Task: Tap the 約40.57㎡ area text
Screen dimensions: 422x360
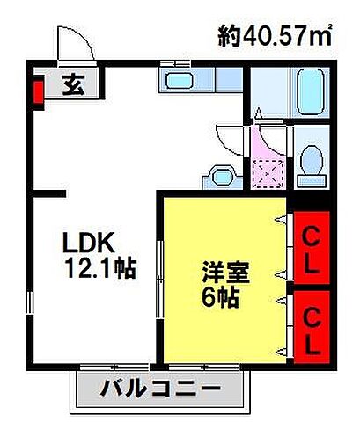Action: pos(274,36)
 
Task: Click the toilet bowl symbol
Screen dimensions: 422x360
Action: pos(309,162)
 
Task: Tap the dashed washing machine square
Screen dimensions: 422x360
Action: pos(268,172)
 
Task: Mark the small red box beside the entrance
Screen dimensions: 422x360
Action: pos(38,91)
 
